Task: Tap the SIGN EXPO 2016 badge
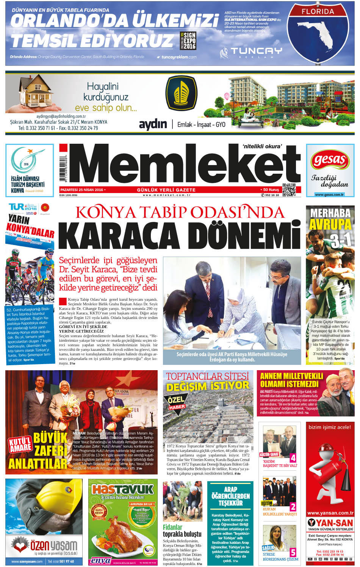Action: point(188,41)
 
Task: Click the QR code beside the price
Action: point(289,190)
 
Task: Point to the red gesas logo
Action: point(330,161)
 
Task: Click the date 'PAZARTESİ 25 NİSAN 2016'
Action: point(82,190)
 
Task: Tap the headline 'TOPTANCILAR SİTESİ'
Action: point(207,376)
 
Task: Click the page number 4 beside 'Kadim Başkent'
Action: point(293,458)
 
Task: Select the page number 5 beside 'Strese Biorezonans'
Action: point(293,552)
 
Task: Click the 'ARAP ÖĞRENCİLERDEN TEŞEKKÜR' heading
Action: point(230,496)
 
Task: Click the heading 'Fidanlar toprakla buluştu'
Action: point(182,531)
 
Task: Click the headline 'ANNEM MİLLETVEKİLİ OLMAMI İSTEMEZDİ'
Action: point(291,380)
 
